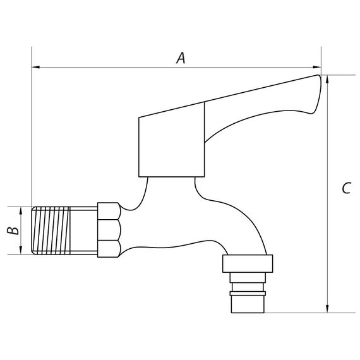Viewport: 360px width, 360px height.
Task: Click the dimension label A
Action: pyautogui.click(x=181, y=58)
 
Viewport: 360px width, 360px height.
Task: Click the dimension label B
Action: pyautogui.click(x=12, y=231)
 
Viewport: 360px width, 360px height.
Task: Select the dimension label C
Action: pyautogui.click(x=345, y=188)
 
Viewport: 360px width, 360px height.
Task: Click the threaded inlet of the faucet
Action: pyautogui.click(x=63, y=231)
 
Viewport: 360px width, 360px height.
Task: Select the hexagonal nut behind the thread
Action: pyautogui.click(x=107, y=229)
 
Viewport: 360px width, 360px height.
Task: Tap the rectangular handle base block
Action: pyautogui.click(x=171, y=145)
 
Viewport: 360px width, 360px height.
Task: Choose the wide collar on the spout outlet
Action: pyautogui.click(x=248, y=263)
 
